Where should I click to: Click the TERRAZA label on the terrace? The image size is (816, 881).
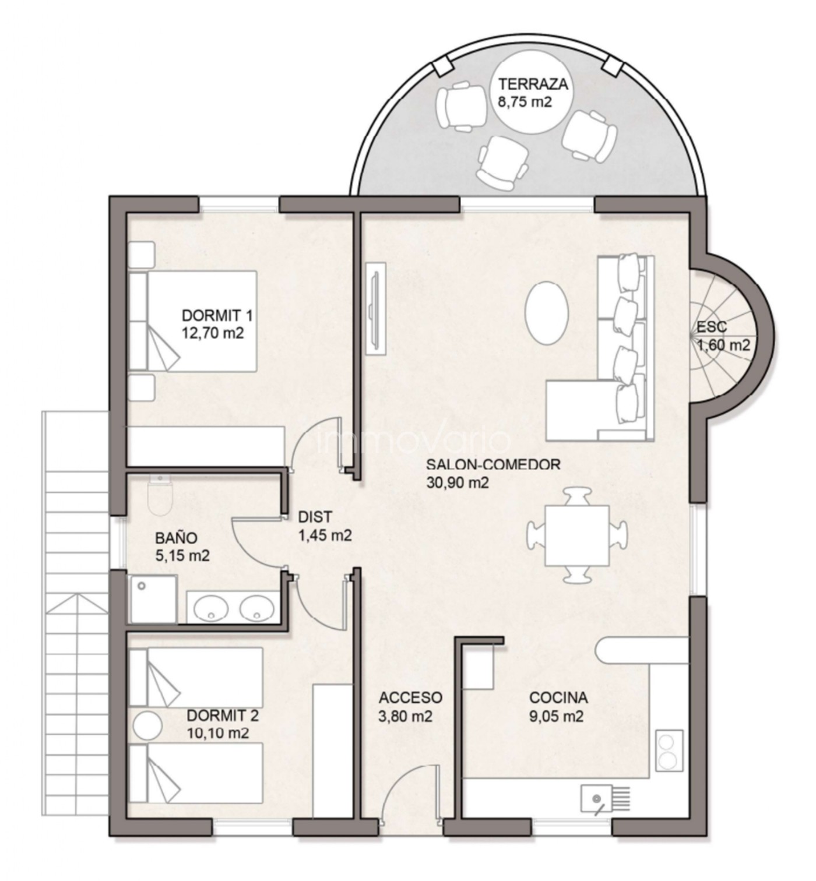tap(533, 84)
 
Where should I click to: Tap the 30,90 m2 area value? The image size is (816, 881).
tap(458, 482)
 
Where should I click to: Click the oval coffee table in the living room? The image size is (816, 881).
tap(547, 312)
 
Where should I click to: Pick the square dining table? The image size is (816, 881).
tap(577, 535)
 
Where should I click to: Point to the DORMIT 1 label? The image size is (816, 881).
tap(217, 316)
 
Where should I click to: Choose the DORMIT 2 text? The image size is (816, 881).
tap(223, 716)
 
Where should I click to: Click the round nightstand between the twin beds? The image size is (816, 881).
tap(148, 725)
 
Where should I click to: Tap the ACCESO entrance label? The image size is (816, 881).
tap(411, 697)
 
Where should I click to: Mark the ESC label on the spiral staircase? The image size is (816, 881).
tap(712, 327)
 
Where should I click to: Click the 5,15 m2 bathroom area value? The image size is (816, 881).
tap(182, 555)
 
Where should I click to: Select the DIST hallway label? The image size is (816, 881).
tap(315, 517)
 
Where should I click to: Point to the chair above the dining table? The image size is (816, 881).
tap(576, 496)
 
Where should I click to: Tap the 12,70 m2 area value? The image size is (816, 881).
tap(213, 333)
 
